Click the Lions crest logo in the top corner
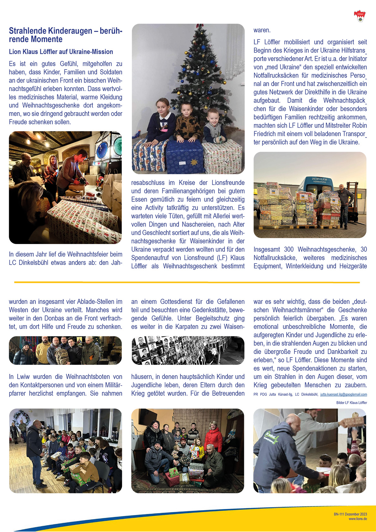coord(360,16)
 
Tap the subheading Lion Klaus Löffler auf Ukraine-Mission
coord(61,52)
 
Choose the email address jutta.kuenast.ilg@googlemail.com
coord(343,394)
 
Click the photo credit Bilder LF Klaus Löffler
coord(351,403)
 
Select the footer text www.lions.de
coord(358,519)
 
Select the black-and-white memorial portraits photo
coord(188,351)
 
